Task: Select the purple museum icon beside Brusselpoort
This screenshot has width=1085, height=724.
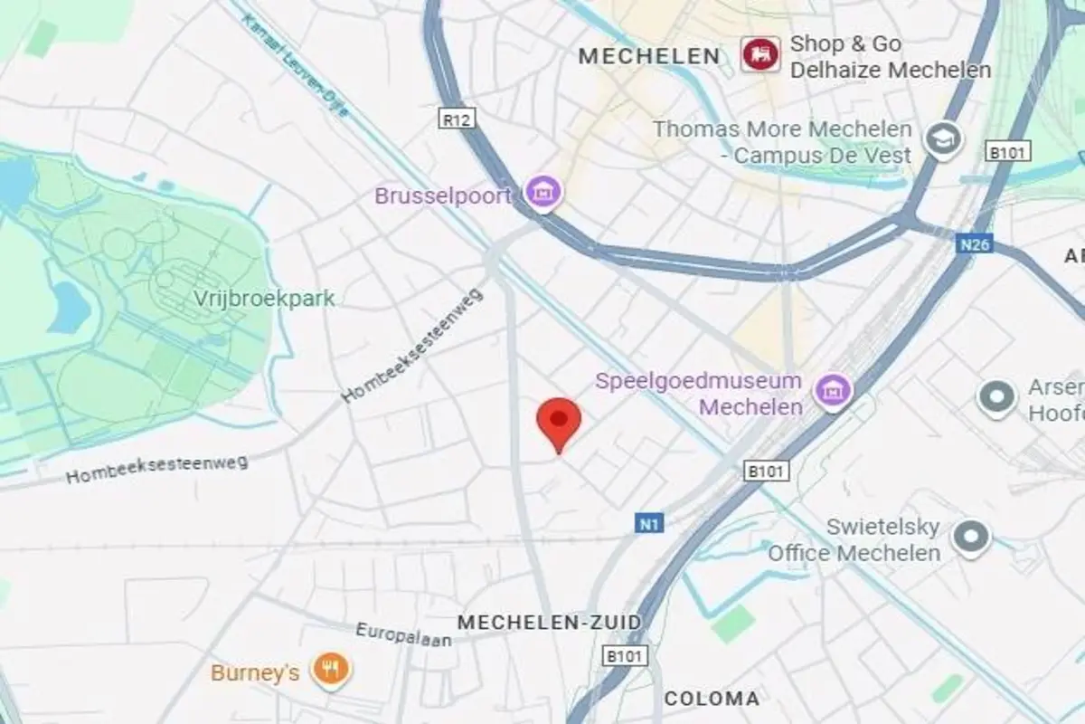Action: [544, 192]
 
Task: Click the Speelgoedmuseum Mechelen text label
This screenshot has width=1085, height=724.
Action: [699, 394]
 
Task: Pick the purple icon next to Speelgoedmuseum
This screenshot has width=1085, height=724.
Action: [834, 391]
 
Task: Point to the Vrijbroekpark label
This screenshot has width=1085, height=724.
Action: [264, 298]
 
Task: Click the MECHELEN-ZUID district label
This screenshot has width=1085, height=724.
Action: [549, 623]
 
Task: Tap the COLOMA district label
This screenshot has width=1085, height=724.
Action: [712, 699]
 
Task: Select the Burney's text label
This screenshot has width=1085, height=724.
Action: [255, 672]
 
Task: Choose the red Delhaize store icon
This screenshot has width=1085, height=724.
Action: [760, 55]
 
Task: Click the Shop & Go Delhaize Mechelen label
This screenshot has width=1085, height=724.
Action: [891, 56]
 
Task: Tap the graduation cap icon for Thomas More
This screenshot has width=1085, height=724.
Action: [943, 140]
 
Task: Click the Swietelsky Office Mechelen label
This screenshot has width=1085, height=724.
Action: [854, 539]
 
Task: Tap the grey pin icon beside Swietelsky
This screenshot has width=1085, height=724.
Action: [971, 538]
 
